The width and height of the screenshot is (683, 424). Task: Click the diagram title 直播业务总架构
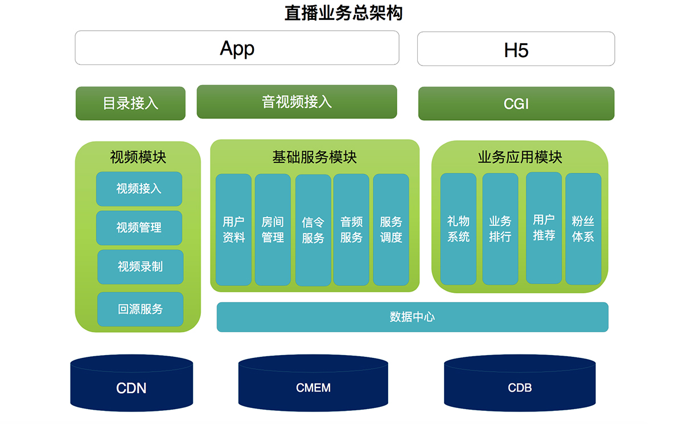(344, 13)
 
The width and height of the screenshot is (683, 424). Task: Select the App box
(237, 48)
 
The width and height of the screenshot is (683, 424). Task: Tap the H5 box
(516, 49)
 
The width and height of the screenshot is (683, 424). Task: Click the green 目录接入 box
(130, 104)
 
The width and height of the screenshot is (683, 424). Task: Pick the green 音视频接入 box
(297, 102)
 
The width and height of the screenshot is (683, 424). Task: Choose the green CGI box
(516, 104)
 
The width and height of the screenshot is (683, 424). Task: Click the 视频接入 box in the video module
(139, 189)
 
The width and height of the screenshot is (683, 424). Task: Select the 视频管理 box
(139, 228)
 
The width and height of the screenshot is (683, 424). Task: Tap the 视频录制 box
(140, 267)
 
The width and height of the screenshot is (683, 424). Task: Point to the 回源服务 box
(140, 309)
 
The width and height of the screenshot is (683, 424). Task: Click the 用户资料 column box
(233, 230)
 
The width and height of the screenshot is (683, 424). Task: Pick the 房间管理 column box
(273, 230)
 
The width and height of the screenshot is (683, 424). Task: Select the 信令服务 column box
(313, 230)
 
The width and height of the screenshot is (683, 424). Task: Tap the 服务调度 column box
(391, 230)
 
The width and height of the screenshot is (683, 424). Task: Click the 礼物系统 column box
(458, 229)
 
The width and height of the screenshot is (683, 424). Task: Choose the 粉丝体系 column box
(583, 229)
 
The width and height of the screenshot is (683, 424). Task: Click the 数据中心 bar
(413, 317)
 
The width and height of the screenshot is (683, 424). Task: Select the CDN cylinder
(131, 383)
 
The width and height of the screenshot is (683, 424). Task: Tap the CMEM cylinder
(313, 383)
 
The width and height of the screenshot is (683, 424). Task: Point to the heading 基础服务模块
(315, 157)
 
